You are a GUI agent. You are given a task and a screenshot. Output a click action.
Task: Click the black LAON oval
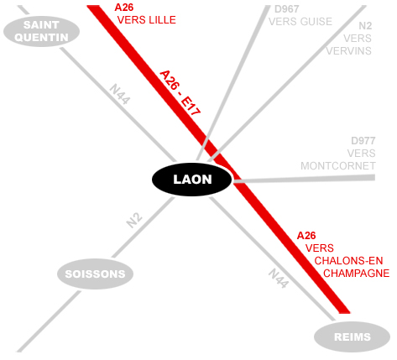coord(192,180)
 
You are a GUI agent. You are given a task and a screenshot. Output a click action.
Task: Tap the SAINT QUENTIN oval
coord(41,31)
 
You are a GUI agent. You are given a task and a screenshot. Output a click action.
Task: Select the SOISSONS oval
coord(95,274)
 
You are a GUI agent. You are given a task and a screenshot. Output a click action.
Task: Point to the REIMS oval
coord(352,337)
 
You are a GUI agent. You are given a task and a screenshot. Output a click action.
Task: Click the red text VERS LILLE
coord(147,20)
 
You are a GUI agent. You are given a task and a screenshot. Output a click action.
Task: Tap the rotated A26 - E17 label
coord(180,93)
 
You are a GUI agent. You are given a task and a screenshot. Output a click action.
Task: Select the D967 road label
coord(287,9)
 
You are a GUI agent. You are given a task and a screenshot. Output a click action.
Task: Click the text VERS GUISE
coord(300,22)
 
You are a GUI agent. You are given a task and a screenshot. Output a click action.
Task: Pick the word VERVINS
coord(349,51)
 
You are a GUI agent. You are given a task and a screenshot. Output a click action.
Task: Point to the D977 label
coord(363,141)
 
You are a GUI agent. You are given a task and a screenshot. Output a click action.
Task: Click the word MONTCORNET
coord(338,166)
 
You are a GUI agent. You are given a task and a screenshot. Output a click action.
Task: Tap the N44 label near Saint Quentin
coord(120,94)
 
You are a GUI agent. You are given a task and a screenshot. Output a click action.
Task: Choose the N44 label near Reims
coord(279,279)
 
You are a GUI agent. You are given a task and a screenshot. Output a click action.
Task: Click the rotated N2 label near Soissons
coord(134,221)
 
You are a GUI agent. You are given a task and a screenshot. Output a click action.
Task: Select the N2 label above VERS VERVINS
coord(365,26)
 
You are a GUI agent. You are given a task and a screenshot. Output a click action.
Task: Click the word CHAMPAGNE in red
coord(357,274)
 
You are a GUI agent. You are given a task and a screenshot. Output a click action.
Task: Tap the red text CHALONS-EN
coord(348,261)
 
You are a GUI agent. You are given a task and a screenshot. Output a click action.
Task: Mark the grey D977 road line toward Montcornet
coord(304,180)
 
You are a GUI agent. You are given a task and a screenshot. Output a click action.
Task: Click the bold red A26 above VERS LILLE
coord(124,8)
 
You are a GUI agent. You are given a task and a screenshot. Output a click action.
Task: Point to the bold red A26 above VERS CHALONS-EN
coord(306,236)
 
